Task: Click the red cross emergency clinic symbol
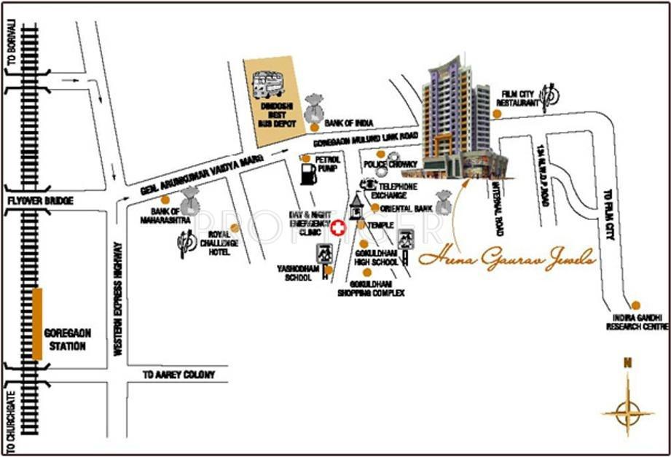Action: [337, 228]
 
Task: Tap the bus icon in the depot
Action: [269, 85]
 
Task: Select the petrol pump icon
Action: [308, 174]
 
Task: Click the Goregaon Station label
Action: [67, 339]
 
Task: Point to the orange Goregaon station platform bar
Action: [37, 324]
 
